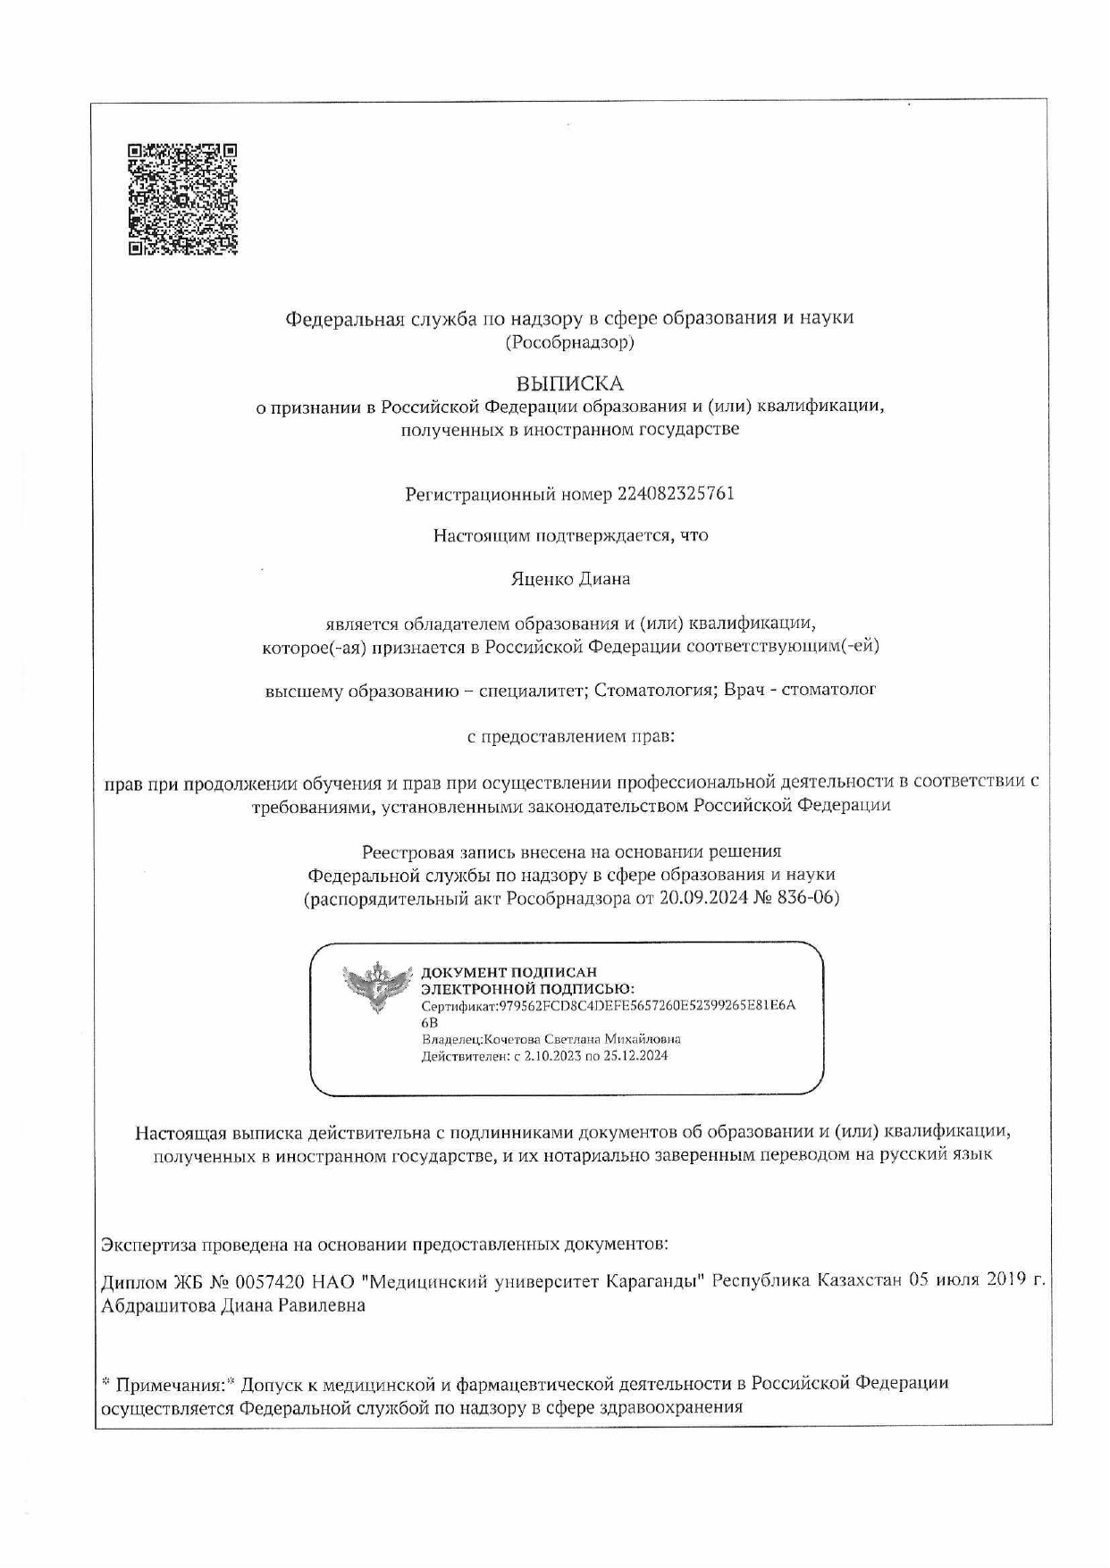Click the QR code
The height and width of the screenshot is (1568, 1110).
182,198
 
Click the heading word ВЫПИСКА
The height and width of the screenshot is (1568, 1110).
569,383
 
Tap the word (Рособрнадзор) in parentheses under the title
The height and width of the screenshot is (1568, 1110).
569,341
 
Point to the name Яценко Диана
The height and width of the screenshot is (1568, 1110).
570,579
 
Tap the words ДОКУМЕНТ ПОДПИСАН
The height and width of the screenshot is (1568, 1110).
509,972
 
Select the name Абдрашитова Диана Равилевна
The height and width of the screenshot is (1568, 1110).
233,1305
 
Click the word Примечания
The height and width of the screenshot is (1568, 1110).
170,1384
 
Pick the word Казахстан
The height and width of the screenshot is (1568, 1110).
858,1282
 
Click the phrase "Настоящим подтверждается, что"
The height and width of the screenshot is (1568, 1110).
570,536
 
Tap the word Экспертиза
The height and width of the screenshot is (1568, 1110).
147,1244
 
